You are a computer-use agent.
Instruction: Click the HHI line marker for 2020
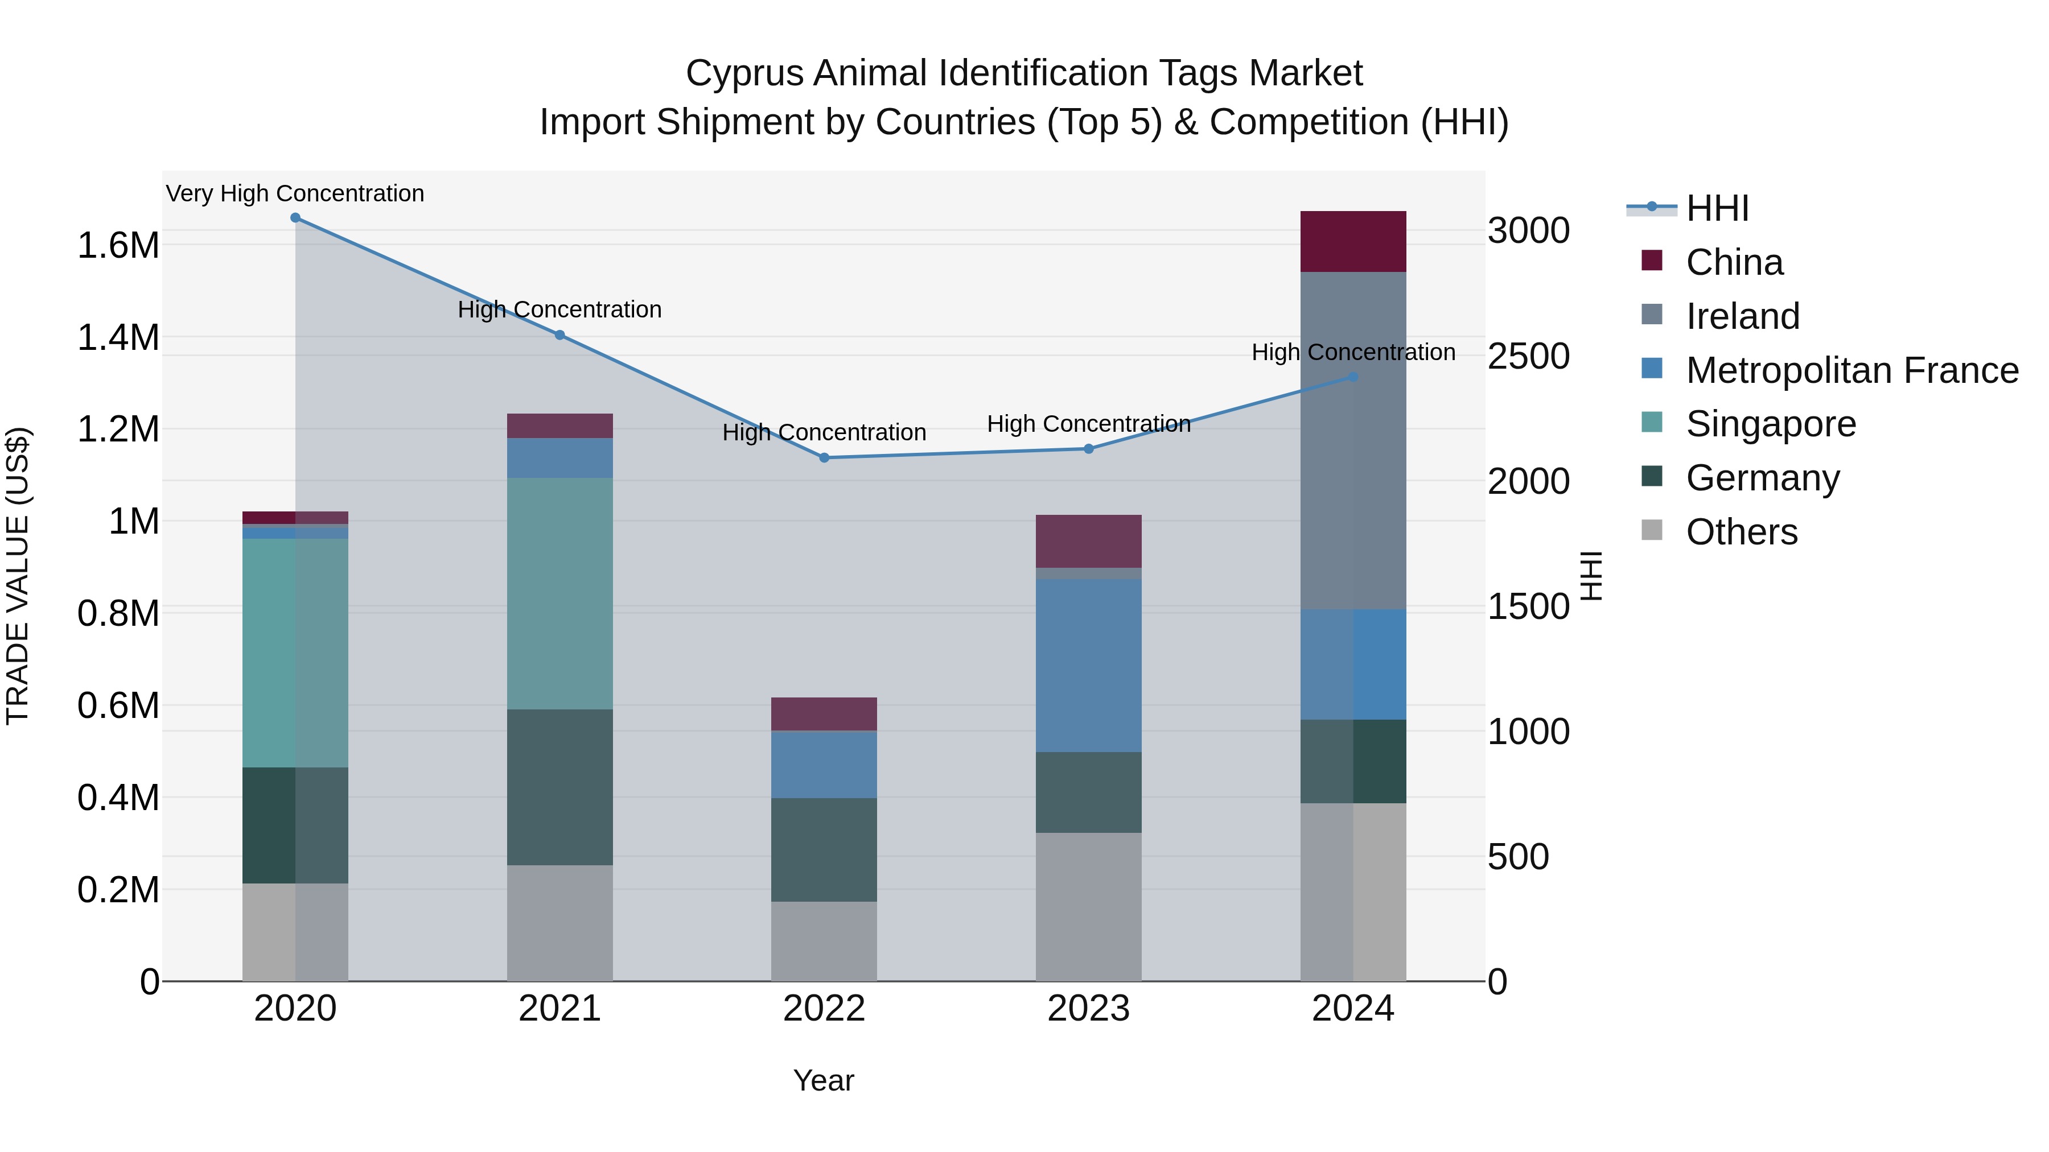tap(295, 218)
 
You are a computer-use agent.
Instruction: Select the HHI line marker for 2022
tap(824, 458)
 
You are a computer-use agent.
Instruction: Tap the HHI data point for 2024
tap(1353, 377)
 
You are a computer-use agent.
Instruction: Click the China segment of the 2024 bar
tap(1353, 242)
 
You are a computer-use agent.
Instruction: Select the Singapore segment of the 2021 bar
tap(560, 593)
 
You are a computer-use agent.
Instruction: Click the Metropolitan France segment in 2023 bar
tap(1088, 666)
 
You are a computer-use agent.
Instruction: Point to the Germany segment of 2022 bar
tap(824, 849)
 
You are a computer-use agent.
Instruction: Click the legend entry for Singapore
tap(1771, 424)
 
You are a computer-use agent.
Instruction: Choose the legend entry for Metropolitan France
tap(1851, 370)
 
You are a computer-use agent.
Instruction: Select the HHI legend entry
tap(1717, 208)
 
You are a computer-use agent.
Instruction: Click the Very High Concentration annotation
tap(295, 193)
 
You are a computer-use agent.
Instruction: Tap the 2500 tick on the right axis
tap(1528, 356)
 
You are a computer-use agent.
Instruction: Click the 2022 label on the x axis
tap(824, 1009)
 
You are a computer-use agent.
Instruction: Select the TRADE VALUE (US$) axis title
tap(18, 576)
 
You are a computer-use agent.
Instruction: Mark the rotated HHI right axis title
tap(1591, 576)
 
